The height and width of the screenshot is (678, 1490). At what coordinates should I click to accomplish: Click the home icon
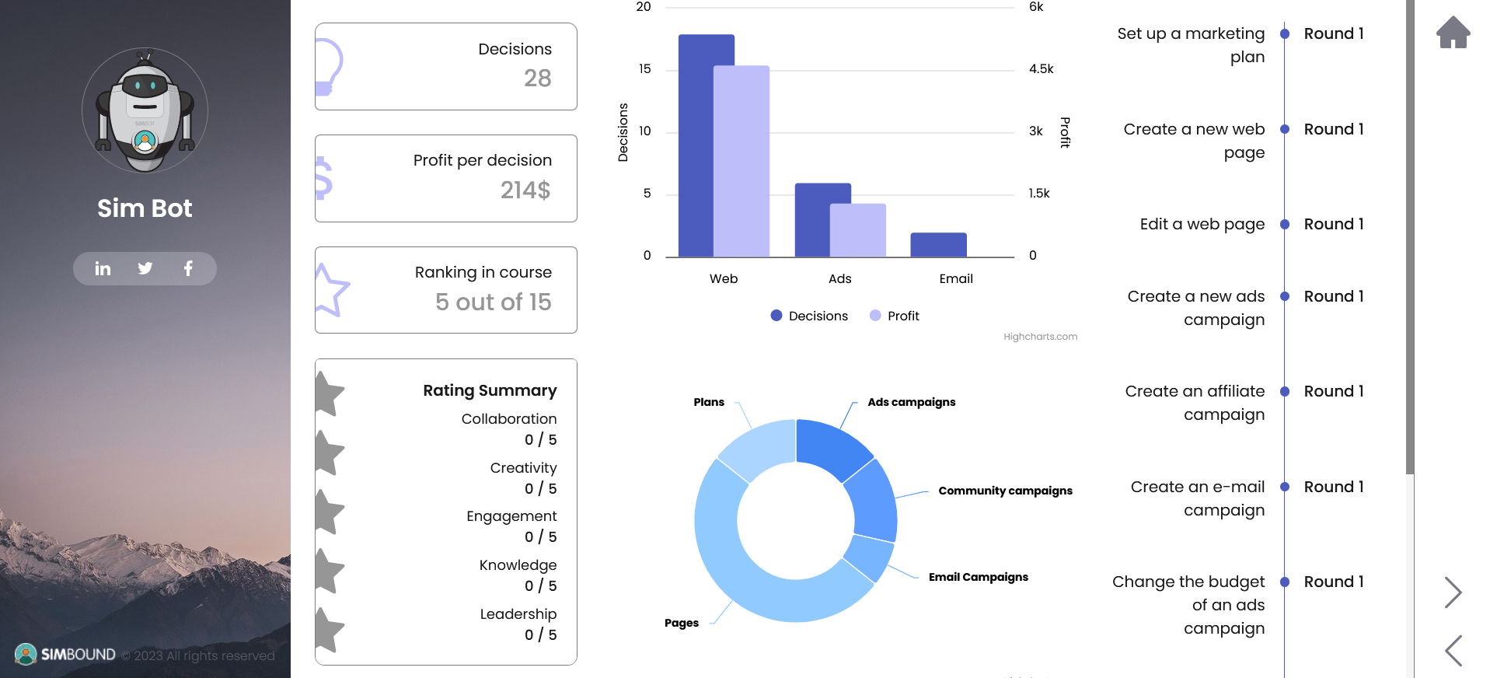tap(1453, 33)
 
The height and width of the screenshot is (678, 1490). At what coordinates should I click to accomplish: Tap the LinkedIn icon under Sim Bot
tap(103, 268)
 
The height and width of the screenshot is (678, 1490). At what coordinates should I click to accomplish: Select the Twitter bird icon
tap(145, 268)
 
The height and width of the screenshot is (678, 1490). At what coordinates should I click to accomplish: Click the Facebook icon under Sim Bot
tap(188, 268)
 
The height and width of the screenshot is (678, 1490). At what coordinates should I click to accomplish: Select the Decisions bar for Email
tap(938, 245)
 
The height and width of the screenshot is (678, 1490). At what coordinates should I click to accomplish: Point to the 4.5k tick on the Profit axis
tap(1041, 69)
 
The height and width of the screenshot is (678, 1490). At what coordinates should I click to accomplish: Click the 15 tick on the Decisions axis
tap(644, 69)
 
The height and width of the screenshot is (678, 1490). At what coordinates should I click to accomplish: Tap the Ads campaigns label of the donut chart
tap(911, 402)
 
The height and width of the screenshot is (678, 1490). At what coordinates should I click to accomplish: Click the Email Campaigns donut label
tap(978, 577)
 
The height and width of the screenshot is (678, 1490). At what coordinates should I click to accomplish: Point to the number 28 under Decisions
tap(537, 79)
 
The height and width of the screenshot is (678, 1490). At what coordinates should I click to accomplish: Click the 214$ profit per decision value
tap(525, 190)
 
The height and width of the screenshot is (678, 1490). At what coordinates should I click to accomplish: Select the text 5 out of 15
tap(493, 302)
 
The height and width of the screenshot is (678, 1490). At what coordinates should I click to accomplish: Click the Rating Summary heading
tap(490, 390)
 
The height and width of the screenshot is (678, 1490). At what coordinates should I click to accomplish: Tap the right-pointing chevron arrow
tap(1453, 592)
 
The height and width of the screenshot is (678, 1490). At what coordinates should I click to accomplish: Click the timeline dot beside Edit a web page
tap(1285, 225)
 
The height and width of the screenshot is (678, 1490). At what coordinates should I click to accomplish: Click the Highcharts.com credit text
tap(1040, 337)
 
